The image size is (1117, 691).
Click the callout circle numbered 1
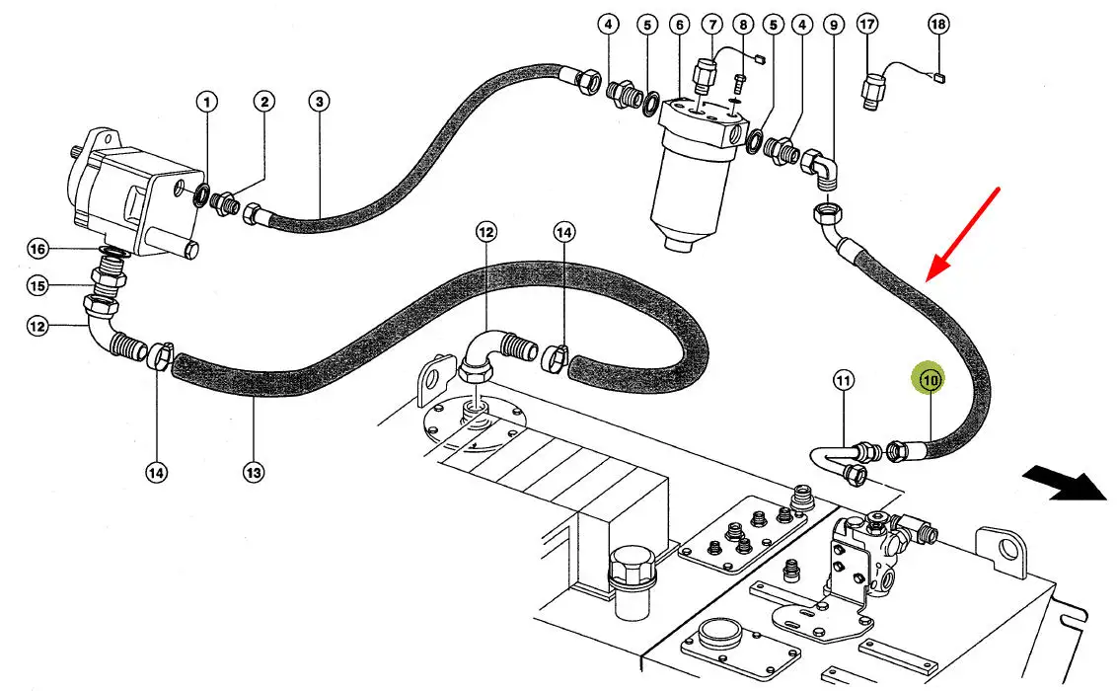pyautogui.click(x=206, y=101)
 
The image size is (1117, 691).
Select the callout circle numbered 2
pyautogui.click(x=263, y=101)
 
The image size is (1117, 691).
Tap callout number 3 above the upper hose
pyautogui.click(x=319, y=101)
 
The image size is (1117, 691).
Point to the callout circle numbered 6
pyautogui.click(x=678, y=24)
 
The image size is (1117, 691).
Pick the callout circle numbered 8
pyautogui.click(x=744, y=24)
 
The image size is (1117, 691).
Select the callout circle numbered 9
pyautogui.click(x=835, y=24)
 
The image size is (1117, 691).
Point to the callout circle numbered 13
pyautogui.click(x=253, y=474)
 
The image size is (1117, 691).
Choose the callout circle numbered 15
pyautogui.click(x=37, y=286)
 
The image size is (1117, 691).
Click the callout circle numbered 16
pyautogui.click(x=37, y=249)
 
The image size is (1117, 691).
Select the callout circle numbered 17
pyautogui.click(x=867, y=24)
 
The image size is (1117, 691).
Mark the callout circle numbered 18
pyautogui.click(x=938, y=24)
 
